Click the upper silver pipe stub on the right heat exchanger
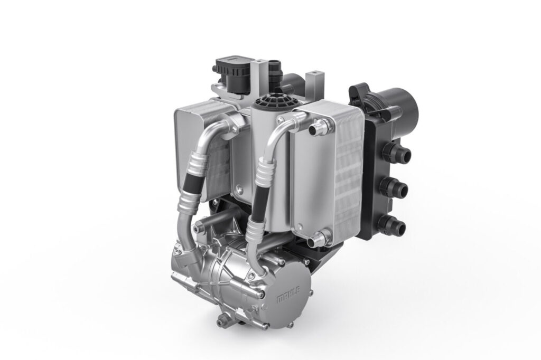[318, 128]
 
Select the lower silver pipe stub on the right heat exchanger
[316, 239]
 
